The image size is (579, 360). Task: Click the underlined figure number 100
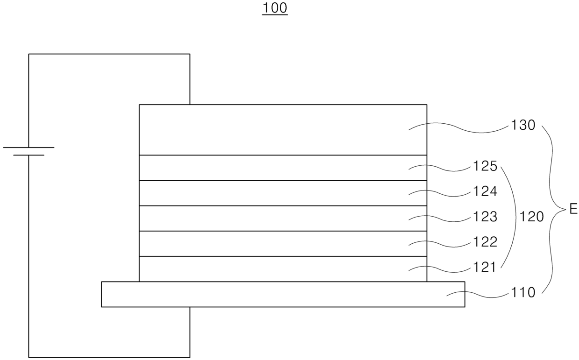tap(275, 8)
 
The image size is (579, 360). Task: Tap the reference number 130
tap(523, 125)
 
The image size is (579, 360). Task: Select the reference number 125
tap(485, 166)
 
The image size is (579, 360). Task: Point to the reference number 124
tap(485, 191)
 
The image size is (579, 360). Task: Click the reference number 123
tap(485, 217)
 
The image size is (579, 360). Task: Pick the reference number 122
tap(485, 242)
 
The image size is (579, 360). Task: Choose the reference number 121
tap(485, 268)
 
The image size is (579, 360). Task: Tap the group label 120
tap(531, 217)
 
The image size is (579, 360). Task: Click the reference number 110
tap(523, 293)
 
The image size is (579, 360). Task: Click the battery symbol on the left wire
tap(28, 151)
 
